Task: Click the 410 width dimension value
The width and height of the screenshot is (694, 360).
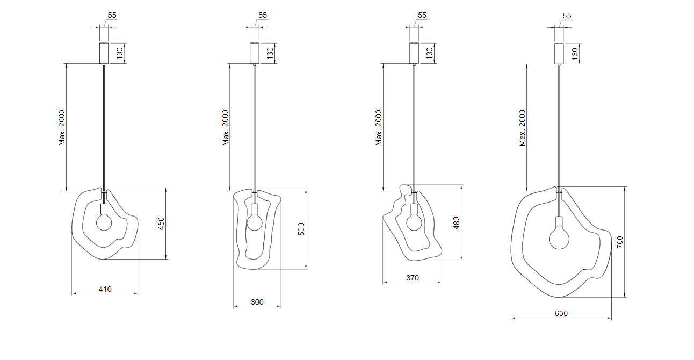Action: [x=105, y=289]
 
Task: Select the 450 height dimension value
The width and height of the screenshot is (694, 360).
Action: [x=161, y=224]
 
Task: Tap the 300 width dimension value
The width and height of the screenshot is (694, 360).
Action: [x=257, y=302]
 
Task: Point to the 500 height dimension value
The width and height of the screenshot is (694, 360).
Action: [x=301, y=229]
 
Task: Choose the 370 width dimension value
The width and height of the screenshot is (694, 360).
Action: [x=413, y=278]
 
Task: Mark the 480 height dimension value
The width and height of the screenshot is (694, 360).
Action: [x=457, y=223]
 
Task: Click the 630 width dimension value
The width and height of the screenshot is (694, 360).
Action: [x=561, y=314]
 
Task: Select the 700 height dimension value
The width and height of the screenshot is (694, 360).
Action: [x=620, y=242]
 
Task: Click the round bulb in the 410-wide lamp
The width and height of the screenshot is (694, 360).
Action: [x=104, y=222]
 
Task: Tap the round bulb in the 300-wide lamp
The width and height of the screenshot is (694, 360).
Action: [x=255, y=222]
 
